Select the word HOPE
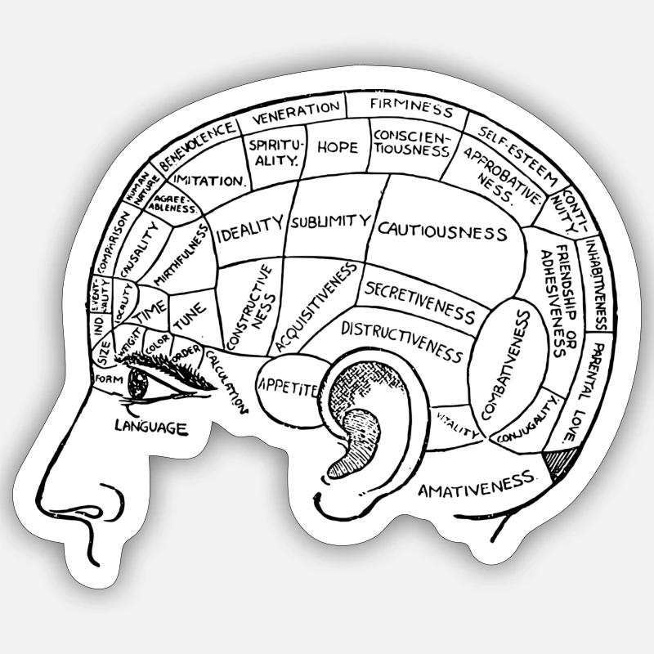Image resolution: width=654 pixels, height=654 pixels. (x=337, y=147)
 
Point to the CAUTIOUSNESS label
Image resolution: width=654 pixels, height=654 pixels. (x=442, y=231)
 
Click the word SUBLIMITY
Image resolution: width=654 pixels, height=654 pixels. (x=330, y=221)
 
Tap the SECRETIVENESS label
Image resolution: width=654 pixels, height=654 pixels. (x=420, y=302)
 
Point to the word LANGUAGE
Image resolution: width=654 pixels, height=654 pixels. (x=151, y=426)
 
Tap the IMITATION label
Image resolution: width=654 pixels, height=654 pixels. (x=209, y=180)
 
